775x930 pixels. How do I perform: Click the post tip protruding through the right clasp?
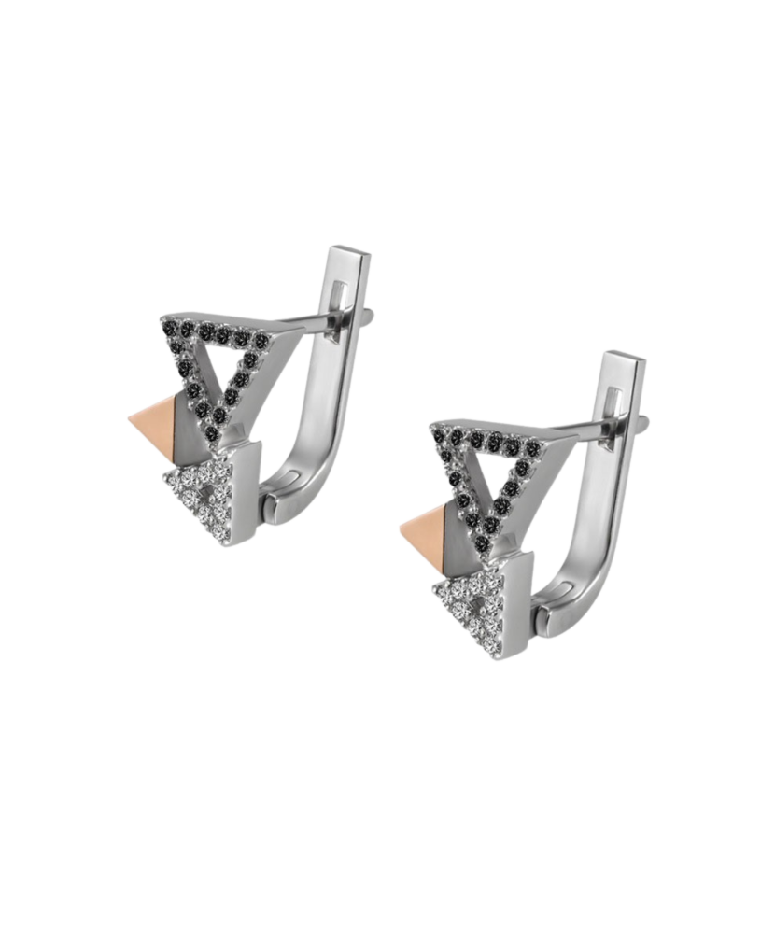(642, 421)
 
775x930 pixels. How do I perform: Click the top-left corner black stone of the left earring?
(170, 331)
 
